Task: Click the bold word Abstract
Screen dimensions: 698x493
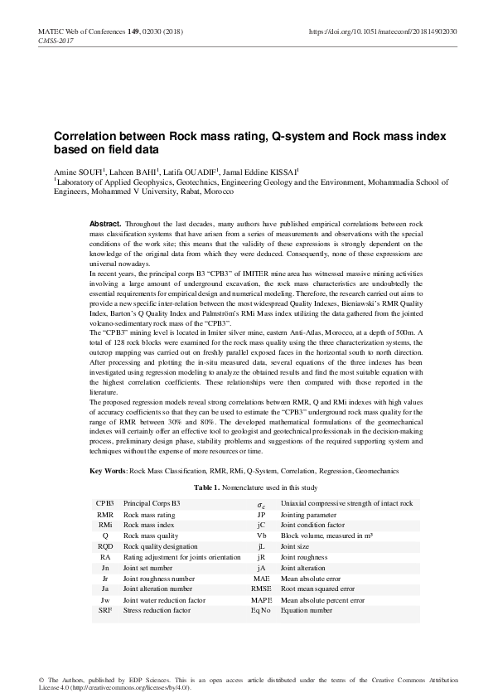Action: pos(105,225)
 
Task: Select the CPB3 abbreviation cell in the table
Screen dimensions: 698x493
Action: pos(105,503)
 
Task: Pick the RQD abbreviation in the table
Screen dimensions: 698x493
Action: pos(105,546)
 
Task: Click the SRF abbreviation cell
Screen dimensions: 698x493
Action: pos(105,610)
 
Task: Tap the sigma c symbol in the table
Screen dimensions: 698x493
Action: pos(261,504)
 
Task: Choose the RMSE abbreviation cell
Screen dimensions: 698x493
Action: pos(261,589)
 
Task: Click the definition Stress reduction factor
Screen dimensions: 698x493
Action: pos(157,610)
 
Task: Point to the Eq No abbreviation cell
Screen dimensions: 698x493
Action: pos(261,610)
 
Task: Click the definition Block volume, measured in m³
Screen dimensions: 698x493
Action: pos(326,536)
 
